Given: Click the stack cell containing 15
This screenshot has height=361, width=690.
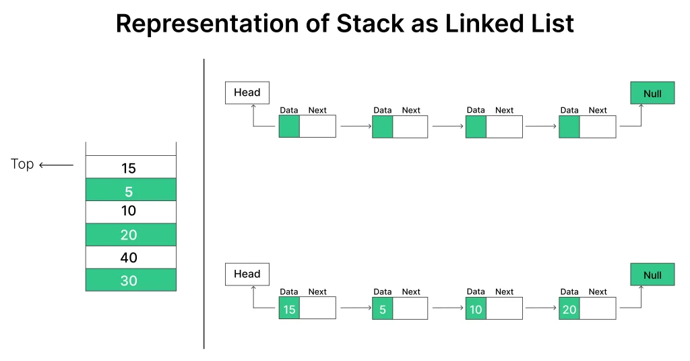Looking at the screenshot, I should (x=130, y=167).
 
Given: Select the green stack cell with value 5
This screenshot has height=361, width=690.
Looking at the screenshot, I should (x=130, y=190).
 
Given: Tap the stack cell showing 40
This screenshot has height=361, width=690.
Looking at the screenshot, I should (x=130, y=257).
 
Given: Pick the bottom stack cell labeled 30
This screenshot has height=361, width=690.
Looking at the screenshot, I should (x=130, y=280).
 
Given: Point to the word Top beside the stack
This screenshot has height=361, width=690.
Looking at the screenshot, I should (x=22, y=164).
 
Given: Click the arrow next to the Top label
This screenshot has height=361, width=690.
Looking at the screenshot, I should (x=56, y=165).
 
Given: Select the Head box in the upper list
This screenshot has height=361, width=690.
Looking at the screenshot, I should (x=247, y=92).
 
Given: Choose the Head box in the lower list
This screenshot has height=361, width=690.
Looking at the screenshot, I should (x=247, y=274).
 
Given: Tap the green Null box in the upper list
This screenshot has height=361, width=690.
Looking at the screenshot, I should (x=652, y=93).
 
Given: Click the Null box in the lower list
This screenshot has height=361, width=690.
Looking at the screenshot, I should (x=652, y=275).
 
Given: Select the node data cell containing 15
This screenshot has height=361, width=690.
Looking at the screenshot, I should (x=289, y=309).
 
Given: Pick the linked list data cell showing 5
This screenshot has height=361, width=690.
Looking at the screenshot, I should (x=382, y=309).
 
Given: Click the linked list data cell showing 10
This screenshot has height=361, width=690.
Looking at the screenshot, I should (x=476, y=309).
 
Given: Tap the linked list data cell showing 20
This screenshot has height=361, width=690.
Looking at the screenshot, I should (x=569, y=309).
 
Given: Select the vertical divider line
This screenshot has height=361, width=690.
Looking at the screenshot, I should (x=203, y=202).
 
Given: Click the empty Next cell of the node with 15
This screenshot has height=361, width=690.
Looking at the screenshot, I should (x=317, y=309).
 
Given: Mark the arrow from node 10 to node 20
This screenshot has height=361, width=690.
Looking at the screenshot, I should (x=542, y=308).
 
